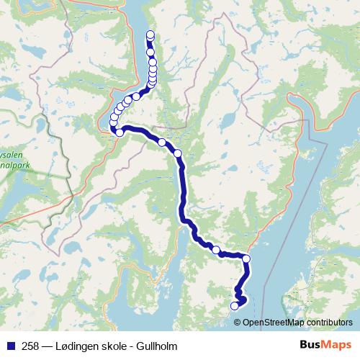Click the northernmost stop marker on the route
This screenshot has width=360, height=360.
[x=150, y=35]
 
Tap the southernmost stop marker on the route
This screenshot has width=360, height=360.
[x=234, y=307]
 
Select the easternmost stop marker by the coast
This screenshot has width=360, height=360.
[x=246, y=258]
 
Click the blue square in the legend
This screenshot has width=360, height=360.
[x=9, y=346]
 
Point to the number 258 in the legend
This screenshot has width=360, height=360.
[x=31, y=346]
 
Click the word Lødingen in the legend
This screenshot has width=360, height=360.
[x=76, y=346]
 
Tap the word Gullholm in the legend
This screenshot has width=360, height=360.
[x=156, y=346]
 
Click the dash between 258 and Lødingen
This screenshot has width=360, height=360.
[x=48, y=346]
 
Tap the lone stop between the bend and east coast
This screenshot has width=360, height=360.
[x=216, y=249]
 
